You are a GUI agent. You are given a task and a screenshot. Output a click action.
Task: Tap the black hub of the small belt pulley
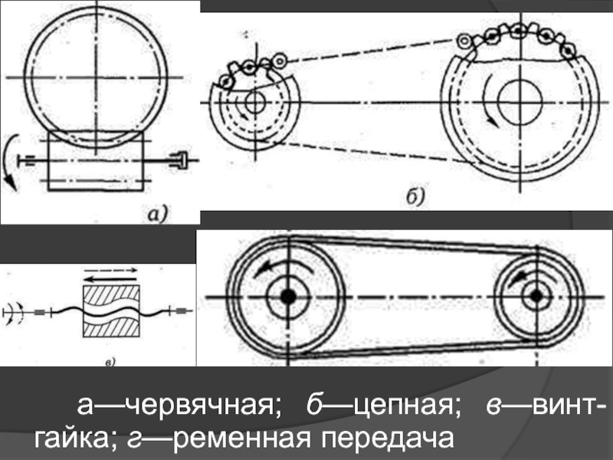[536, 295]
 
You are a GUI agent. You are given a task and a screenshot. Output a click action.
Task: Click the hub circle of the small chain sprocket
[254, 102]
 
